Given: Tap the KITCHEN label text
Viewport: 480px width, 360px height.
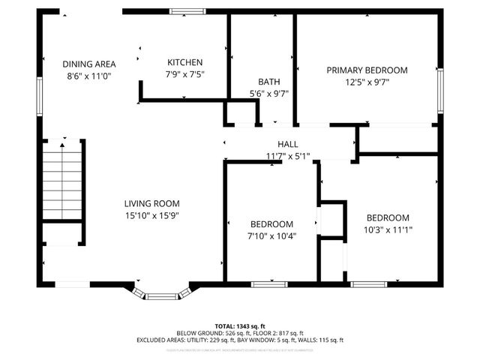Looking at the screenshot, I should pos(184,62).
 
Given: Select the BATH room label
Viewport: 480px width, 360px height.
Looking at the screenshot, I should pos(268,82).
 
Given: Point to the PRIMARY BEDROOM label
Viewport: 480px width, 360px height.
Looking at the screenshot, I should pos(367,70).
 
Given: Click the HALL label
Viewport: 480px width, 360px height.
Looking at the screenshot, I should pos(287,144).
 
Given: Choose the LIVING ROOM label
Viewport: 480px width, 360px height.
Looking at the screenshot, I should pos(151,203).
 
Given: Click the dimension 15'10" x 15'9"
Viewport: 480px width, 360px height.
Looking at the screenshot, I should pos(151,215).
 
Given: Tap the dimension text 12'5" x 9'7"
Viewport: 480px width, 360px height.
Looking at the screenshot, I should pos(367,82).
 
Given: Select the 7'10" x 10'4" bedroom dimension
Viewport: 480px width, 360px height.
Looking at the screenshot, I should pos(271,236).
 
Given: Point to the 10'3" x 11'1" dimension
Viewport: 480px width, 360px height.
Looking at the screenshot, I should pos(388,230).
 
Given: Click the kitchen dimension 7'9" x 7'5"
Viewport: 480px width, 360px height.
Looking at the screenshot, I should pos(184,74).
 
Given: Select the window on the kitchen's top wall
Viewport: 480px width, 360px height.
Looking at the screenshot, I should pos(187,11).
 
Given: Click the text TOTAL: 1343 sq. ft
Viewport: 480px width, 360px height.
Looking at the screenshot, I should pos(239,326).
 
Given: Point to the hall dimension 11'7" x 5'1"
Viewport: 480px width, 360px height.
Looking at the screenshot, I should pos(287,156).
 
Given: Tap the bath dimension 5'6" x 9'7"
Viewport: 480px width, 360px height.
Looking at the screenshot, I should pos(268,94).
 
